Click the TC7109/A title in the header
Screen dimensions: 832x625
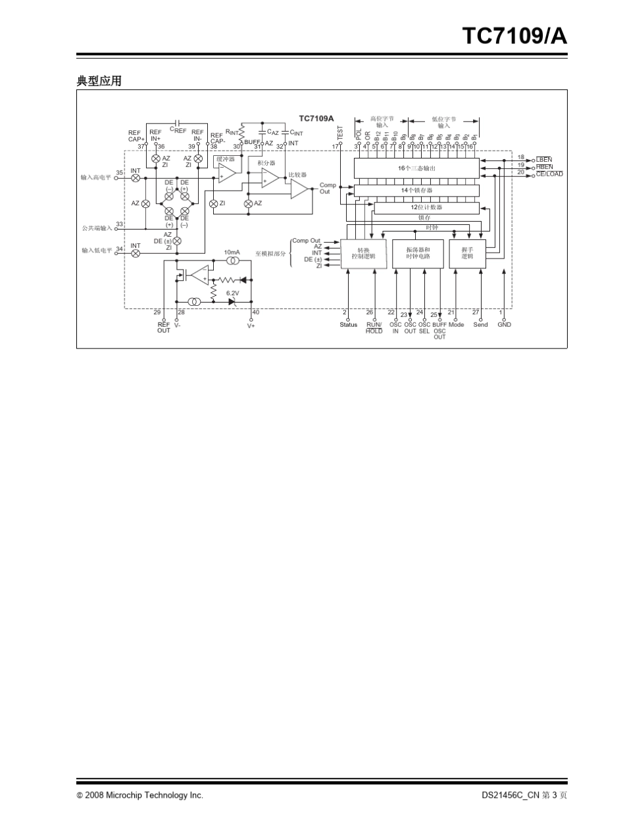click(x=514, y=37)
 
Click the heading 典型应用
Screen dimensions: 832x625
click(x=99, y=82)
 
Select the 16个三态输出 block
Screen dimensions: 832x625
click(x=417, y=168)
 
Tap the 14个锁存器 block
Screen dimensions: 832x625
click(x=417, y=190)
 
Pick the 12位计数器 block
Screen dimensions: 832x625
click(x=426, y=208)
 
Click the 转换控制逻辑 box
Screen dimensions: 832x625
click(x=363, y=253)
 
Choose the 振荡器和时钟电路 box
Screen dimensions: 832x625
click(x=418, y=253)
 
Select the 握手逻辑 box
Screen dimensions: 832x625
click(x=467, y=253)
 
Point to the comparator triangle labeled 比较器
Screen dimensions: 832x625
click(x=299, y=189)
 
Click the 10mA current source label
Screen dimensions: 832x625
click(x=232, y=252)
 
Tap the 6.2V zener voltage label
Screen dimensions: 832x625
click(x=233, y=293)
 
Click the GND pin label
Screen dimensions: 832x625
click(x=504, y=325)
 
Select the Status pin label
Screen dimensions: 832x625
click(x=349, y=325)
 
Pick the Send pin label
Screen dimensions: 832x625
click(x=480, y=325)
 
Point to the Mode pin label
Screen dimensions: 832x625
click(x=457, y=325)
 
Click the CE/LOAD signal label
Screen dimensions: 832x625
click(x=549, y=174)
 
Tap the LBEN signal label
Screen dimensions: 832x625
click(x=544, y=159)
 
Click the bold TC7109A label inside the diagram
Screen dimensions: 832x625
click(x=316, y=118)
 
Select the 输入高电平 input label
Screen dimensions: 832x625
click(x=96, y=178)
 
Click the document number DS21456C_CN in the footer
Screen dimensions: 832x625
click(x=510, y=795)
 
